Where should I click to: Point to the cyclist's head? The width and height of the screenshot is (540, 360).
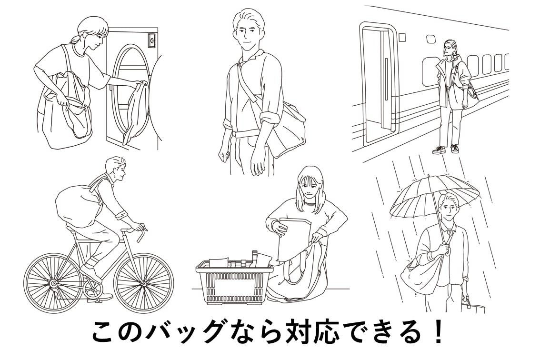[117, 168]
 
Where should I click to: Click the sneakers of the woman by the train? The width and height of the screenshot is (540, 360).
[446, 149]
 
